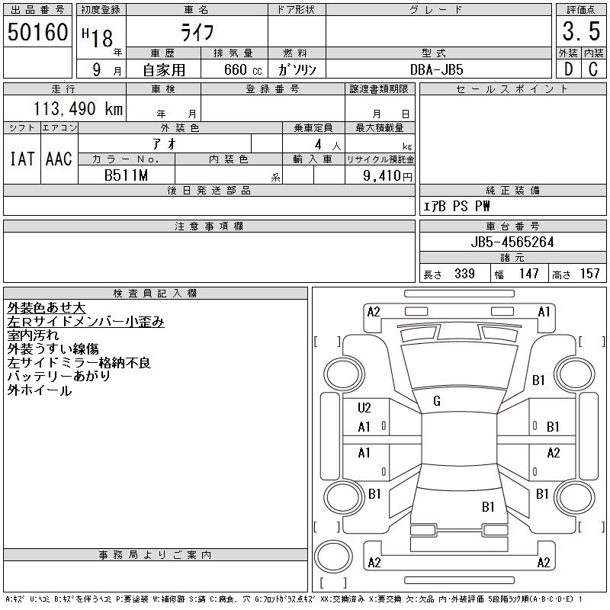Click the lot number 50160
[x=37, y=32]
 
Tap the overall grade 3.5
[x=581, y=31]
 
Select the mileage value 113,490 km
[x=78, y=108]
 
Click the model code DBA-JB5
[x=436, y=69]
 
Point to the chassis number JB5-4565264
[x=512, y=242]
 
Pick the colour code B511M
[x=126, y=175]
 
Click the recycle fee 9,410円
[x=387, y=176]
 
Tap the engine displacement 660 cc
[x=243, y=69]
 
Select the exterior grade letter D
[x=569, y=69]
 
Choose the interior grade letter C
[x=593, y=69]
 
